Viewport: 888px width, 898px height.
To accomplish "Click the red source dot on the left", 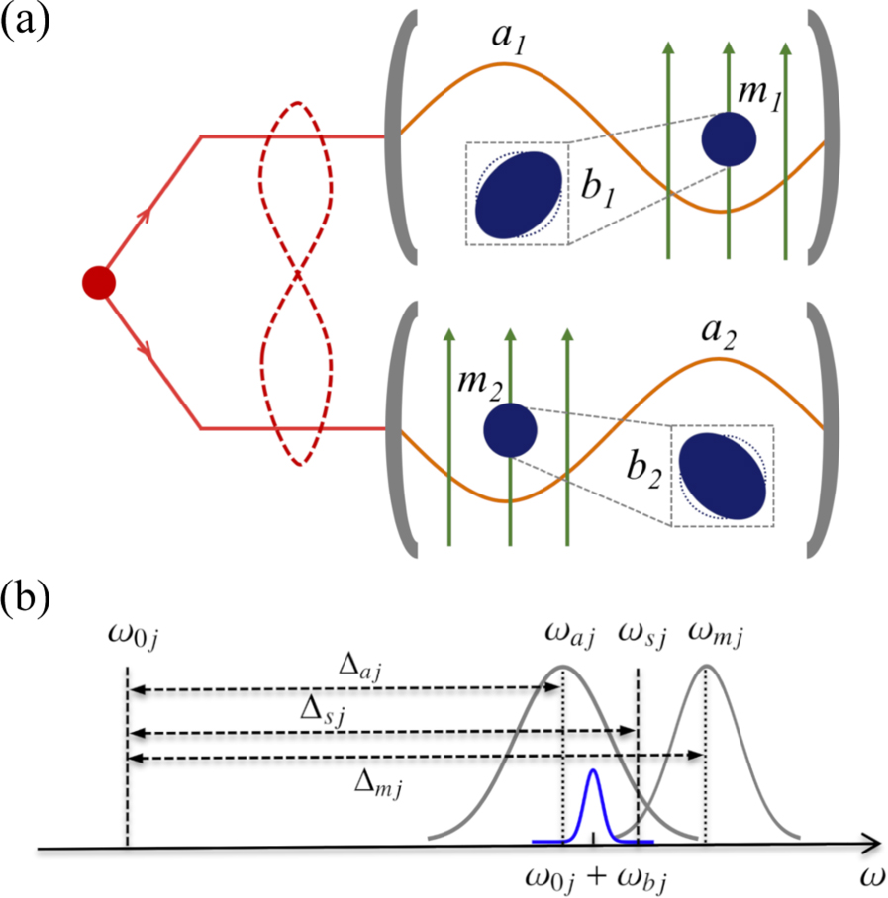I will (x=99, y=283).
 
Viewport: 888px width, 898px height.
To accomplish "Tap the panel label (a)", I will (x=28, y=22).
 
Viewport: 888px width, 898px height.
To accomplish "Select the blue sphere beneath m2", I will (x=510, y=429).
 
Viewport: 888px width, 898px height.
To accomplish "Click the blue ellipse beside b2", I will (x=726, y=476).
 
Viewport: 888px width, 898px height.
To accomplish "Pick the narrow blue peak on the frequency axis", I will (x=593, y=801).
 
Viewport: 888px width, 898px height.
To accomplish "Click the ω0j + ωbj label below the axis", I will (x=605, y=875).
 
